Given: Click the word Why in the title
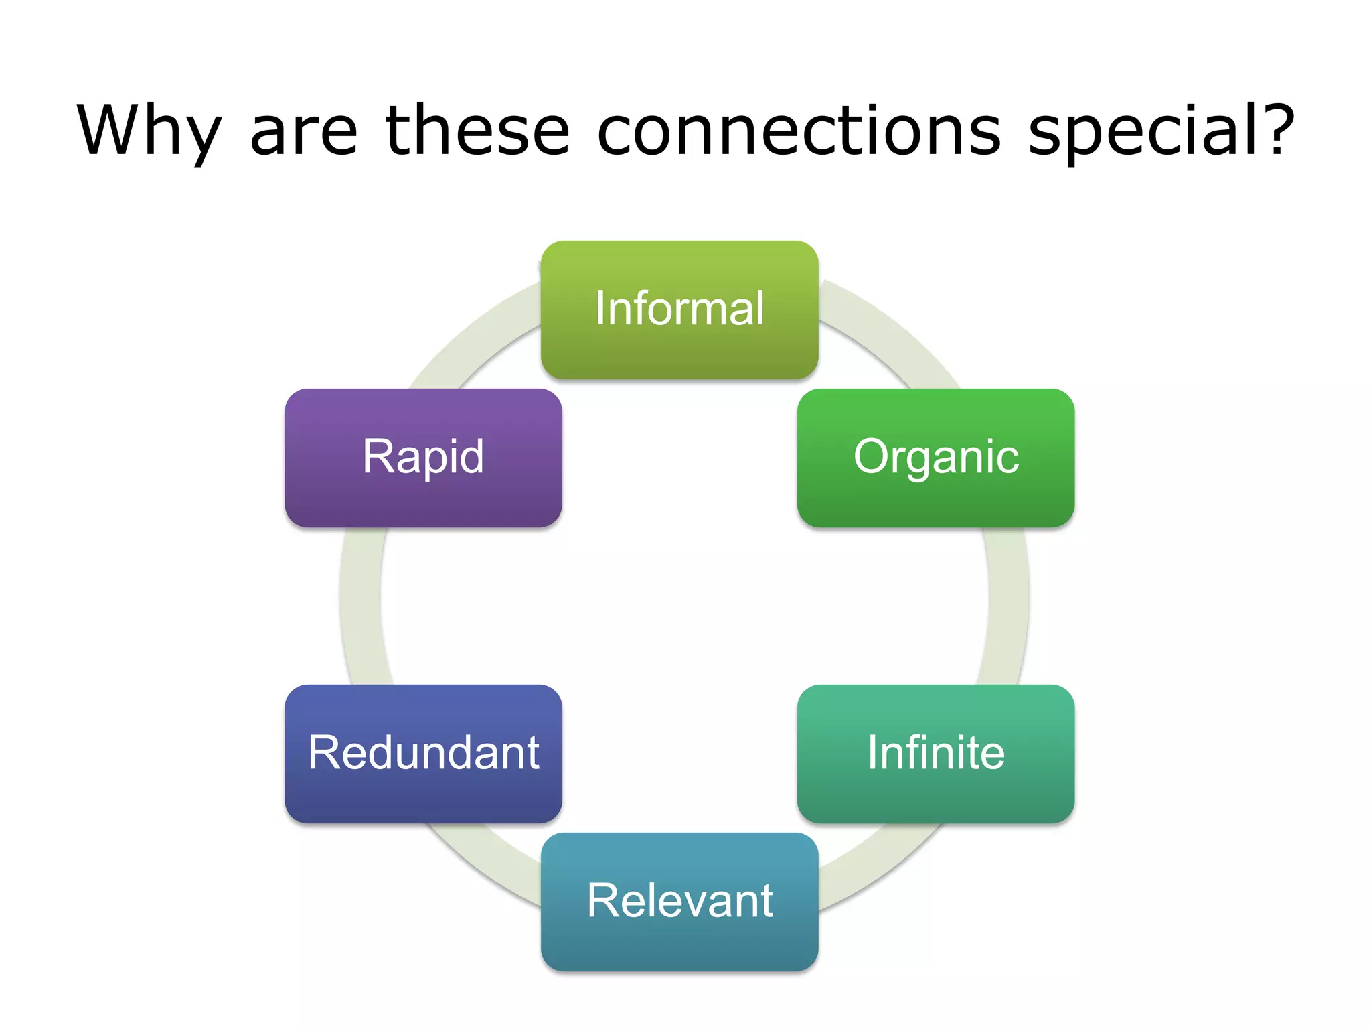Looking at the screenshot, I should pyautogui.click(x=149, y=131).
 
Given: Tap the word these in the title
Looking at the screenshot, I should pyautogui.click(x=477, y=131).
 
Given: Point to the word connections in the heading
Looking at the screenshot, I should pyautogui.click(x=799, y=131).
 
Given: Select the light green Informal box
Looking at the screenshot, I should pyautogui.click(x=679, y=309).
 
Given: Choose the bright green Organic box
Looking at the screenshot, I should pyautogui.click(x=935, y=458).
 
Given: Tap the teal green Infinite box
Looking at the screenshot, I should pyautogui.click(x=935, y=753).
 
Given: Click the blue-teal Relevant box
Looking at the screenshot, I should pyautogui.click(x=679, y=901).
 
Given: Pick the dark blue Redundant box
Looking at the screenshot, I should pyautogui.click(x=423, y=753).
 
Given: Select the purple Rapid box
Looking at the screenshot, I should pyautogui.click(x=423, y=458).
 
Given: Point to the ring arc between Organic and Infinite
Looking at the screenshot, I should pyautogui.click(x=1007, y=603).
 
